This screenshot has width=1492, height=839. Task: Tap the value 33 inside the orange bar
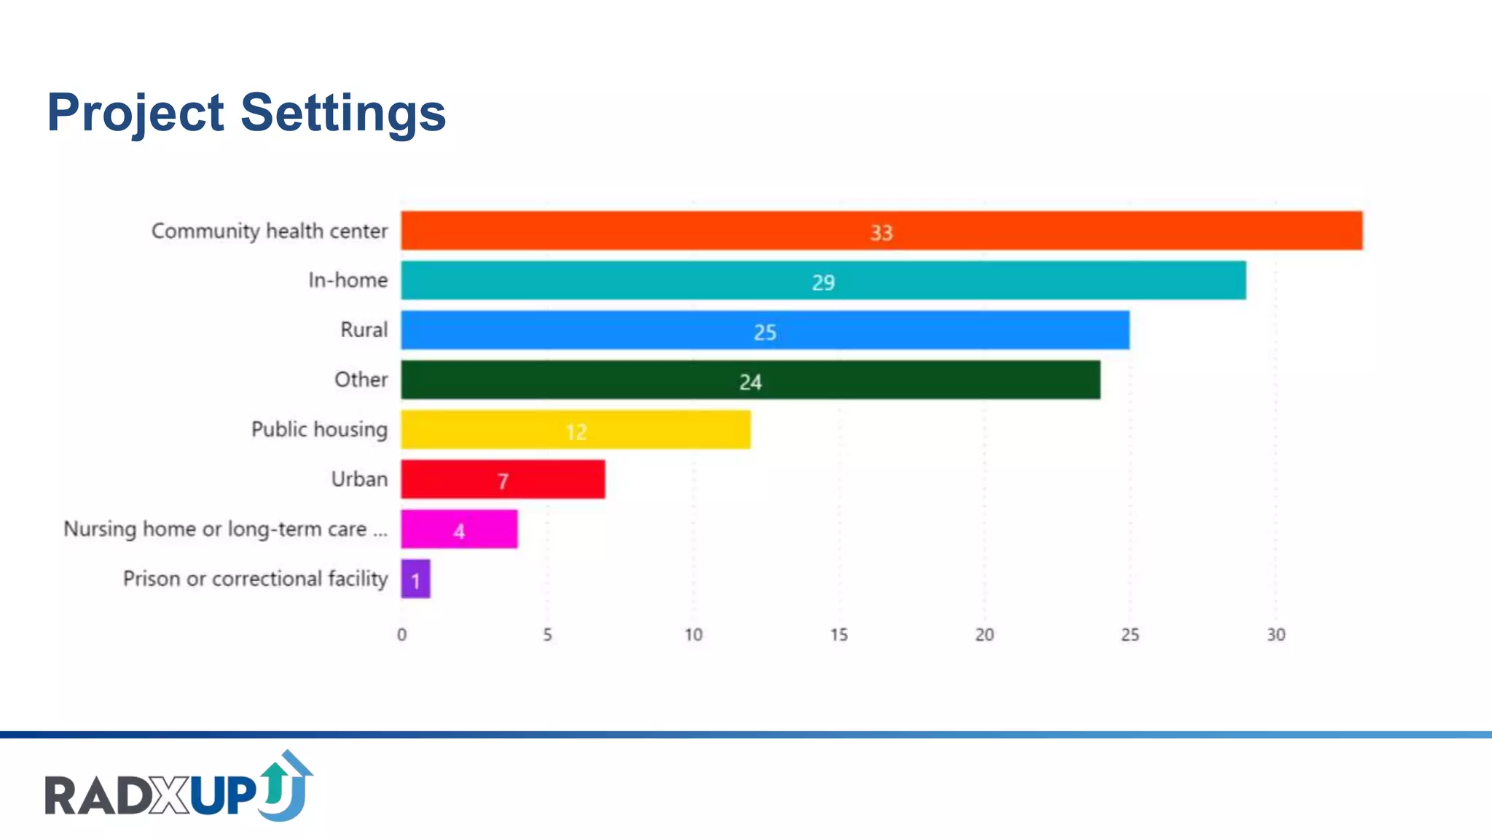[881, 233]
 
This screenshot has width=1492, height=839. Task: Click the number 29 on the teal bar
[823, 283]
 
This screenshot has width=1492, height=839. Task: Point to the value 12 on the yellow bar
[576, 432]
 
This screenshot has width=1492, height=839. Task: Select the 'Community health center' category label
[269, 231]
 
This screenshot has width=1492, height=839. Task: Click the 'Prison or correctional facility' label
[255, 579]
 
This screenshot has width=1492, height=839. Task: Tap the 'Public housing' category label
[319, 430]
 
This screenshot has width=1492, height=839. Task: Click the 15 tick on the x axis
[839, 635]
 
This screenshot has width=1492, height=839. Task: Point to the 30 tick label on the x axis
[1276, 635]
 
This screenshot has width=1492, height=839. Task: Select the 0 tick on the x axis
[401, 635]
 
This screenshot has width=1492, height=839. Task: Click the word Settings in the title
[342, 114]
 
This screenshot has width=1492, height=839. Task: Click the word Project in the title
[136, 114]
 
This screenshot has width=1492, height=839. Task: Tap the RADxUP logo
[178, 788]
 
